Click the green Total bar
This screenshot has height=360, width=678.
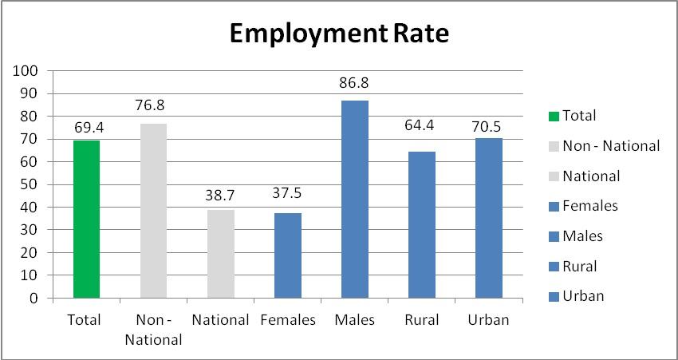86,220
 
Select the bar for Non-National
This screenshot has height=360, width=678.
153,211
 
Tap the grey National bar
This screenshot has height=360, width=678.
221,254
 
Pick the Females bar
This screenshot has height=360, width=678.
288,255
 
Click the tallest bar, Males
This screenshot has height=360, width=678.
355,200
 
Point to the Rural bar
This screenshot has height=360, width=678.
422,225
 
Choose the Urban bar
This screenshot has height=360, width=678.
489,218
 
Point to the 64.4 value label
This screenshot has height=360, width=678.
422,134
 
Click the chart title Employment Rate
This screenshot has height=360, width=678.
339,34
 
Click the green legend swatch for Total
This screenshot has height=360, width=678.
554,117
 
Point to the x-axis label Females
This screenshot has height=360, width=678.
288,320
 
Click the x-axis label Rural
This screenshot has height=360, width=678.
422,320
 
